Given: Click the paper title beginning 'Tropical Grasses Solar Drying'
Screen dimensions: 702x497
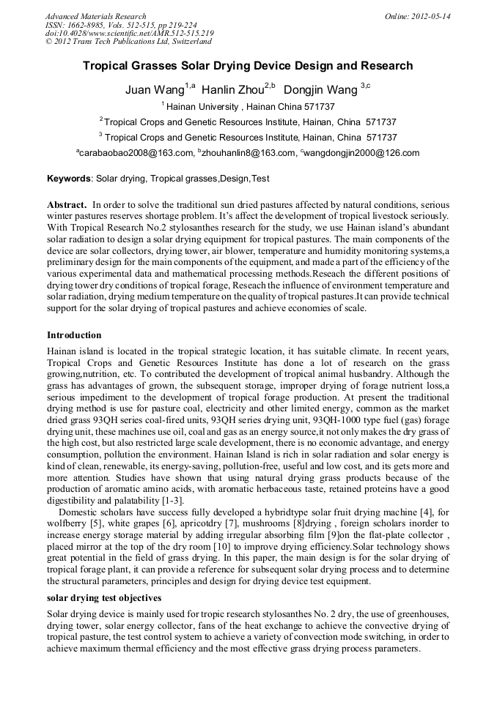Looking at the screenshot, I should (248, 66).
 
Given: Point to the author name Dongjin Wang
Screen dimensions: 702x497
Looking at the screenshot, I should (319, 90).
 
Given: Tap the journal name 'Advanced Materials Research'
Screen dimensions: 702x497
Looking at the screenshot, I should (96, 16).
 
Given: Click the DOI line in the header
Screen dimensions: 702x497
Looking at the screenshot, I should (130, 34).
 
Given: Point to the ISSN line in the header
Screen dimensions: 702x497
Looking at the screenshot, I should (121, 25).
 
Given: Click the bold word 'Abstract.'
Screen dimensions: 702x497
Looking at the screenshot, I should (67, 205).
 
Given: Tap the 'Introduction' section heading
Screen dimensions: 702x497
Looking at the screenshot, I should (74, 335).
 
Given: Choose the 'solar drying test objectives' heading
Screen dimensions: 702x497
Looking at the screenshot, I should (104, 598).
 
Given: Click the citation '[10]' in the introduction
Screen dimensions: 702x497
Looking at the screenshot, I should (222, 547).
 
